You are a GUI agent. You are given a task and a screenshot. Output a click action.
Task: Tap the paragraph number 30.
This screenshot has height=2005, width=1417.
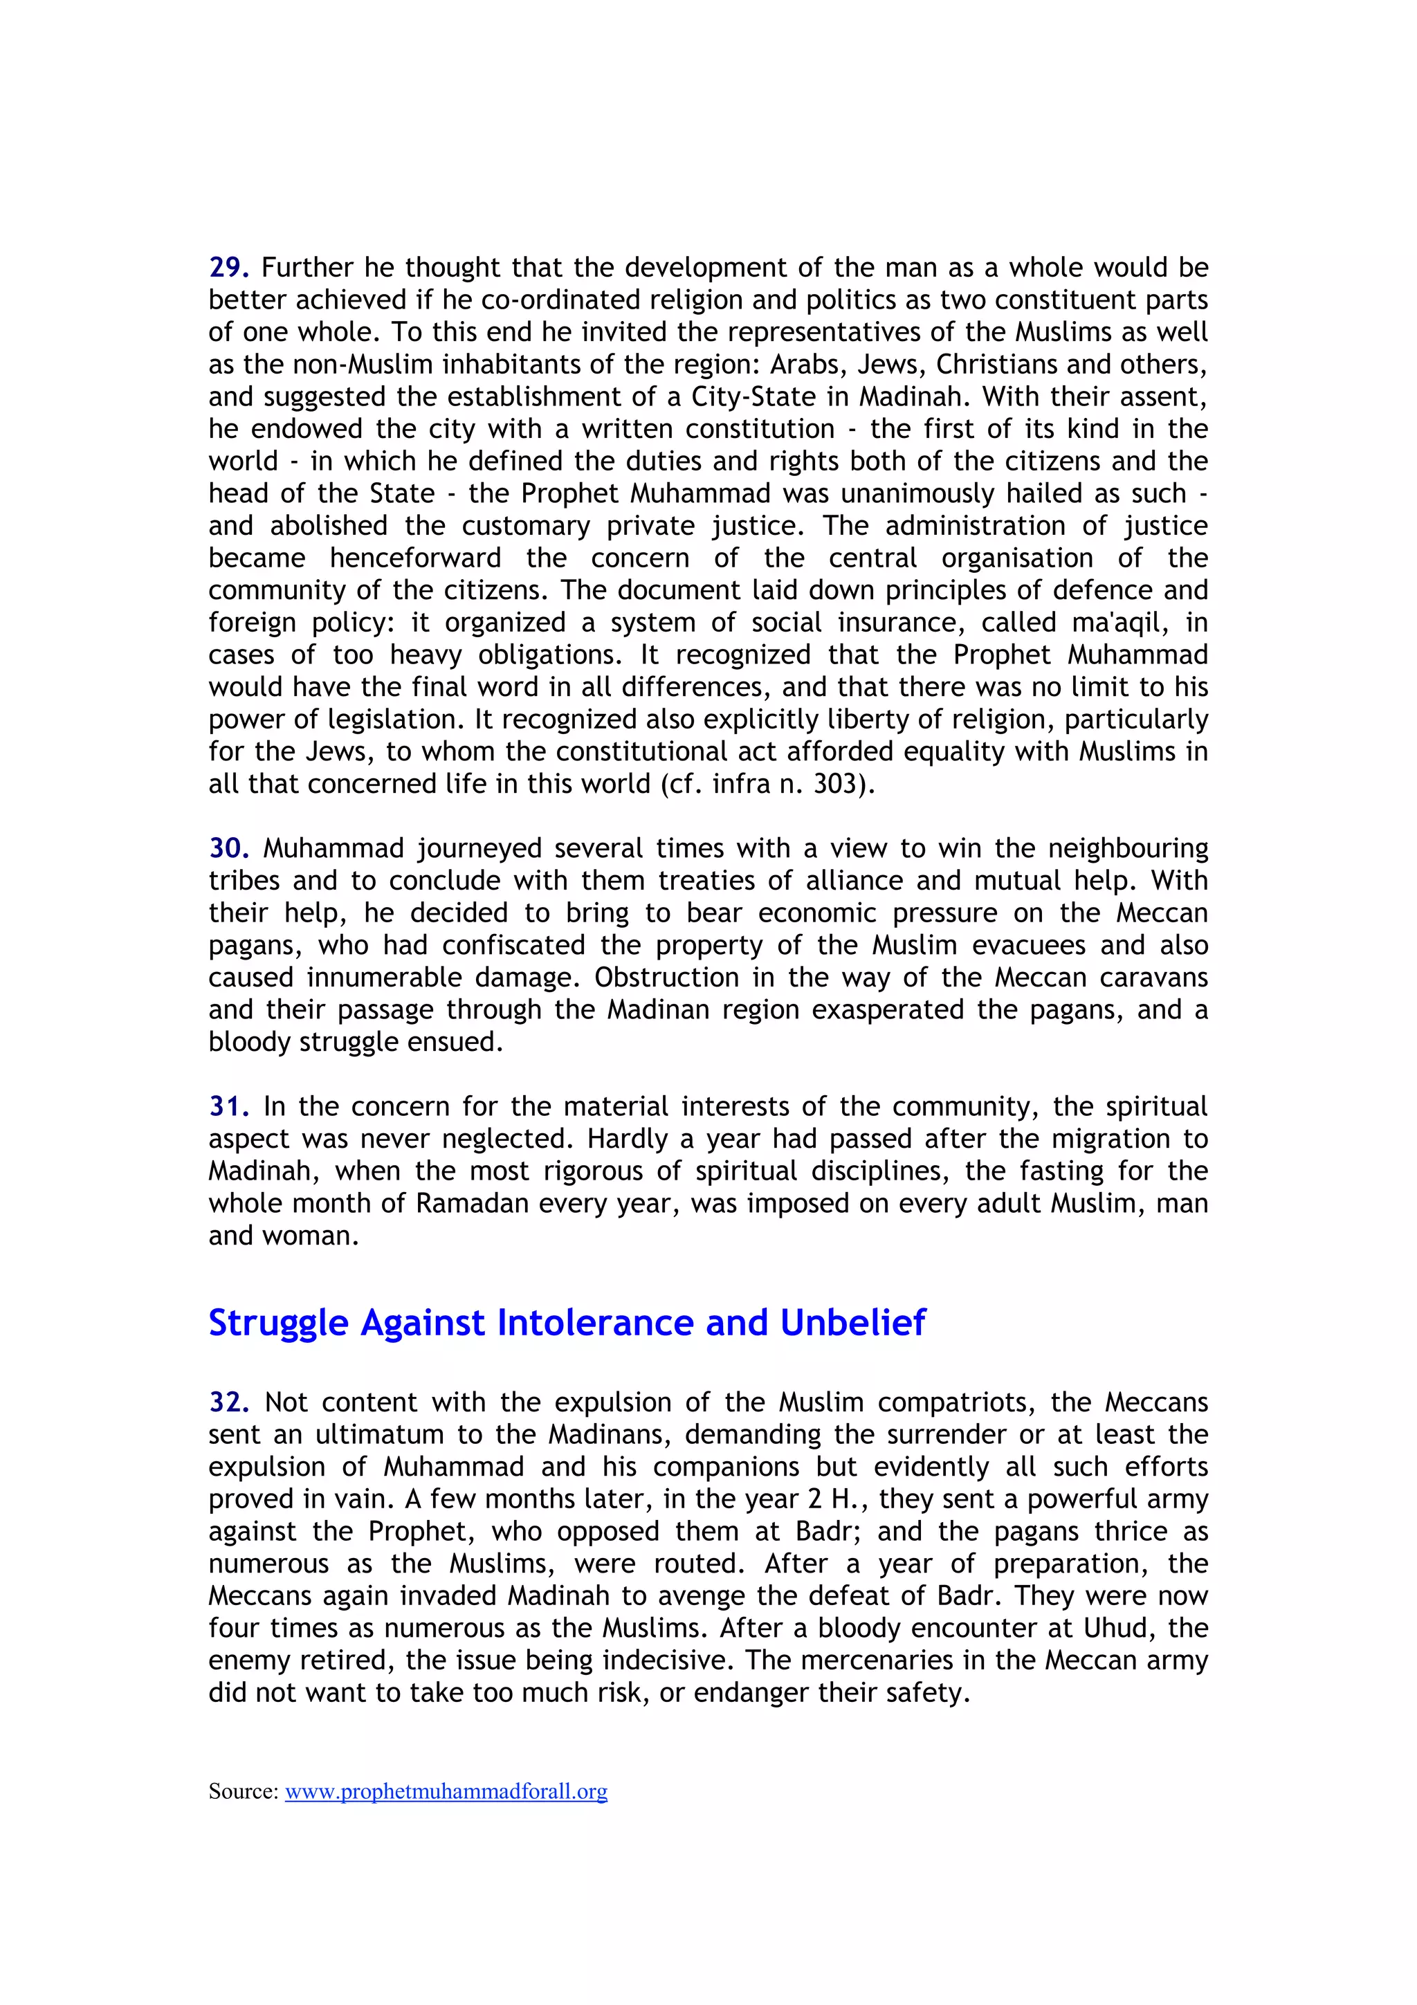tap(230, 848)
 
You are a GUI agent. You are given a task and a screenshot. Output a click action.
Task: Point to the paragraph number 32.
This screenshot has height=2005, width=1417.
tap(230, 1402)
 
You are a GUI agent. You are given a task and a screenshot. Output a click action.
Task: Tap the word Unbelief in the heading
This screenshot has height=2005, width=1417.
tap(852, 1323)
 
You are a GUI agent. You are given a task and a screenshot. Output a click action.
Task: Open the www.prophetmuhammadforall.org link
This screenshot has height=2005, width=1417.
tap(446, 1791)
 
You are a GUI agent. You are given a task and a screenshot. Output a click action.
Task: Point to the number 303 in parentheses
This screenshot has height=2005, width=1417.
tap(837, 784)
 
